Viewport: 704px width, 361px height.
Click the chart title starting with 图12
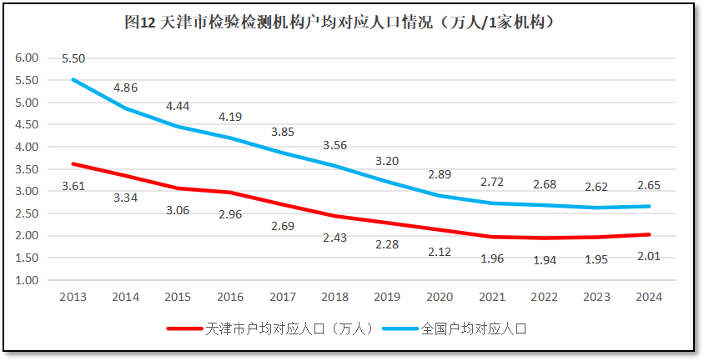[x=340, y=23]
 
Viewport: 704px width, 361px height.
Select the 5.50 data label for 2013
[x=73, y=58]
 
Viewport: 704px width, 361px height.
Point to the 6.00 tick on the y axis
[x=28, y=58]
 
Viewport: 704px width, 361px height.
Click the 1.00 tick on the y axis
[x=28, y=280]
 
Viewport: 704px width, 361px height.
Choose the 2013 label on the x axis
[x=73, y=296]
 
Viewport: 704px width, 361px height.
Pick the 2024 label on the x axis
[x=649, y=296]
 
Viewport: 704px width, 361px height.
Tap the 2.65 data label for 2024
[x=649, y=185]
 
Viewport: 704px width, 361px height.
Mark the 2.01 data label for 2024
[x=649, y=255]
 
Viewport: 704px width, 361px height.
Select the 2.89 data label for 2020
[x=439, y=174]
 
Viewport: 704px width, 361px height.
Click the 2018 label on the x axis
[x=335, y=296]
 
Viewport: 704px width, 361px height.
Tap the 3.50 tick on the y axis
[x=28, y=169]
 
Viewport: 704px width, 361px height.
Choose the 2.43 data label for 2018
[x=335, y=238]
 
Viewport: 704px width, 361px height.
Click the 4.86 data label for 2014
[x=125, y=87]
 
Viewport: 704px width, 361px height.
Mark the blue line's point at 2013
[x=73, y=79]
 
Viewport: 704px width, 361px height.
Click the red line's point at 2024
[x=649, y=234]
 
